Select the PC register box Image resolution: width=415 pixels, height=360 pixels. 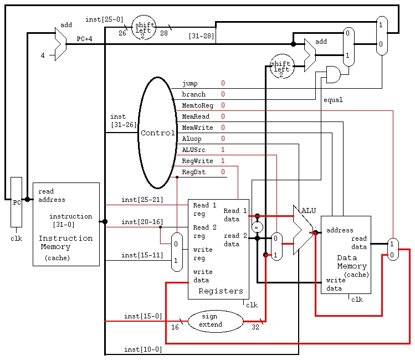tap(16, 202)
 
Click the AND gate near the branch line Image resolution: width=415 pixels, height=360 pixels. tap(334, 75)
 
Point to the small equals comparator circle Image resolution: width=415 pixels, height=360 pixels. tap(257, 227)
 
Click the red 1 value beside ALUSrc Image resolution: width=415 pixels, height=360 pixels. tap(223, 150)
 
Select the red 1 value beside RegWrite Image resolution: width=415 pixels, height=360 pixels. tap(223, 161)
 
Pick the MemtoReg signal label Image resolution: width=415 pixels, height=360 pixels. tap(197, 105)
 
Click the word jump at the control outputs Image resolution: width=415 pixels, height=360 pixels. tap(189, 83)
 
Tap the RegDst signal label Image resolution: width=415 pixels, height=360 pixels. tap(194, 172)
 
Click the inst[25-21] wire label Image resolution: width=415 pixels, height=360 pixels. tap(142, 200)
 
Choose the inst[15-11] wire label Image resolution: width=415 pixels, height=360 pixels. tap(142, 255)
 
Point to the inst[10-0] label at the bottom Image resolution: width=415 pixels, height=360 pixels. tap(143, 349)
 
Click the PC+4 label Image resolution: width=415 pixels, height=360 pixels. tap(84, 39)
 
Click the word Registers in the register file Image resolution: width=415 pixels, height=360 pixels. tap(221, 291)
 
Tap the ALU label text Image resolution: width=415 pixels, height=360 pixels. tap(309, 211)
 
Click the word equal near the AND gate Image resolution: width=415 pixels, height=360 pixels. tap(333, 100)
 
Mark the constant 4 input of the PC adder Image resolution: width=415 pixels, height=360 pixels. tap(43, 55)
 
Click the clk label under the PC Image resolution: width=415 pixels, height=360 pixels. tap(16, 239)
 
